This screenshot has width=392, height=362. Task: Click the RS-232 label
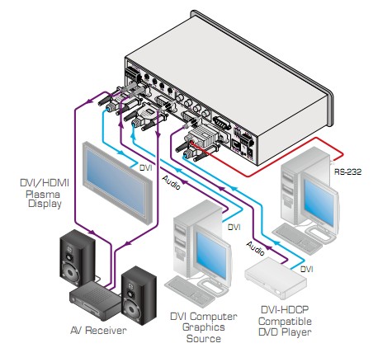347,172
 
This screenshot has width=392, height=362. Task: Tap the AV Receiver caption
98,330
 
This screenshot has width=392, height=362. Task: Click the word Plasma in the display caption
43,195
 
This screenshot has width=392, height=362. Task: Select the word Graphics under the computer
204,327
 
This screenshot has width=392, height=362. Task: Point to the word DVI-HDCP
285,309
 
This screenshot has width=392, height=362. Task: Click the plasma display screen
116,181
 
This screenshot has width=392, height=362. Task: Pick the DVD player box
276,278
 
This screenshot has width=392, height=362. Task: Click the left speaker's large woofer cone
69,271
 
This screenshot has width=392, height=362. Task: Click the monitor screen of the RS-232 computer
319,203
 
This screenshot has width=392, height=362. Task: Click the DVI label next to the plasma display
145,167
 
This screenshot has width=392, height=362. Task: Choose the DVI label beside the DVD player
306,269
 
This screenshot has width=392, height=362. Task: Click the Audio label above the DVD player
256,248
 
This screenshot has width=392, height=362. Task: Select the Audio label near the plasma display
171,182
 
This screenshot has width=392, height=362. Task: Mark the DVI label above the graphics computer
234,227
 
